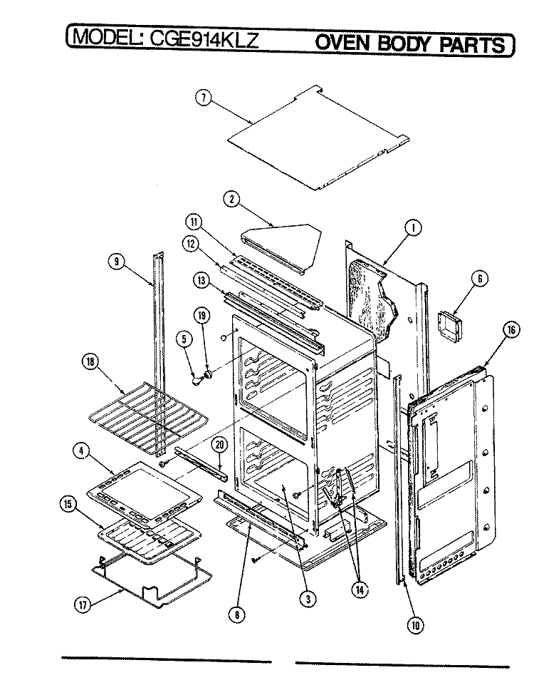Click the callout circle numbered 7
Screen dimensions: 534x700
click(203, 98)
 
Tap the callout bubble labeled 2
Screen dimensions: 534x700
click(232, 199)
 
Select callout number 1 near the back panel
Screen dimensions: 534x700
click(413, 228)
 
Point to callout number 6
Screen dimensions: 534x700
click(480, 279)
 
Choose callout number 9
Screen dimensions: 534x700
click(116, 262)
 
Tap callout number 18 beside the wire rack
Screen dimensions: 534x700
click(90, 362)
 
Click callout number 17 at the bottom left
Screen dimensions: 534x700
click(83, 605)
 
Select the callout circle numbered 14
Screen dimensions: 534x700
click(360, 590)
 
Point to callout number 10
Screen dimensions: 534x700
click(415, 625)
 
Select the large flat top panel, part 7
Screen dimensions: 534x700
click(318, 138)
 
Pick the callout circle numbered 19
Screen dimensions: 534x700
click(201, 316)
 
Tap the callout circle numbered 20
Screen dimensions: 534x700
click(219, 445)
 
